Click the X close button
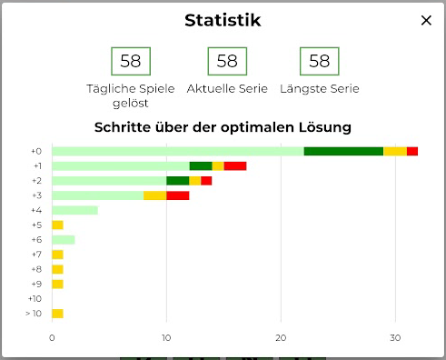(426, 21)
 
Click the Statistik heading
(223, 20)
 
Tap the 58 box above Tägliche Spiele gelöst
(131, 61)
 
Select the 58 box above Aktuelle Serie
(227, 61)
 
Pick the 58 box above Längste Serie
(319, 61)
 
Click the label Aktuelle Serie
(227, 89)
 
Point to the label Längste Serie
(319, 89)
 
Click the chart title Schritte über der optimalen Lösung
(223, 127)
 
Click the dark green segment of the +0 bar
(343, 151)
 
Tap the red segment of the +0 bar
(412, 151)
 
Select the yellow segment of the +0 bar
(395, 151)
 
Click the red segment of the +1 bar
(235, 165)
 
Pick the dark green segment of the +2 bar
(177, 181)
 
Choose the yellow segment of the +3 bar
(154, 195)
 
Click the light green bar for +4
(74, 210)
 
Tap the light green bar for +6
(64, 240)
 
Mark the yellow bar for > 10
(57, 314)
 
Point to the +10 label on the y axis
(35, 299)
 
